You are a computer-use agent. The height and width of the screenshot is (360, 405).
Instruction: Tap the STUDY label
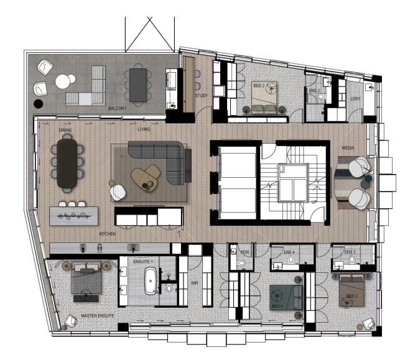tap(201, 96)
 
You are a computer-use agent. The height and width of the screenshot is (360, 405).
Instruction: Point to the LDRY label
tap(356, 98)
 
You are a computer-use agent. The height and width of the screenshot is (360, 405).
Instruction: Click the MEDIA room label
tap(348, 149)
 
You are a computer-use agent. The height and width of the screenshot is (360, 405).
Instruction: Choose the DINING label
tap(65, 130)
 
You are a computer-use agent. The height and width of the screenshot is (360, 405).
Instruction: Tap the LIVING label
tap(144, 129)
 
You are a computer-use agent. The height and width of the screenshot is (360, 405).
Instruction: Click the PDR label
tap(244, 253)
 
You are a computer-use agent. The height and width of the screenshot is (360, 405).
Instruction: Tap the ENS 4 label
tap(289, 252)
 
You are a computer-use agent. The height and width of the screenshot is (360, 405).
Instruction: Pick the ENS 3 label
tap(350, 252)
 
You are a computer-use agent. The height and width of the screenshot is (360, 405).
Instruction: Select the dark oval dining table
tap(67, 163)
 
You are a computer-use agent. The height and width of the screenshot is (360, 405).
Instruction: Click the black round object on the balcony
tap(39, 104)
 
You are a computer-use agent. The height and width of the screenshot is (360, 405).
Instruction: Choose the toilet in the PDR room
tap(240, 264)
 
